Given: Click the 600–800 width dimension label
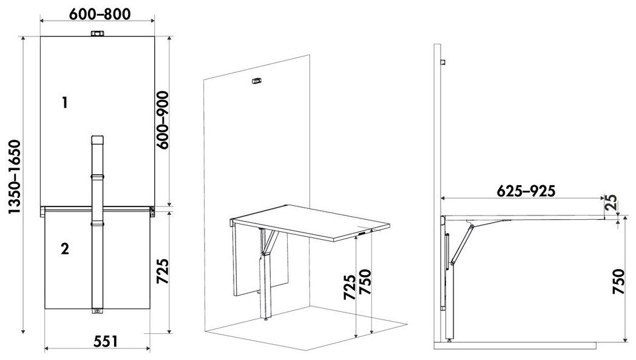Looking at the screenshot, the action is click(x=100, y=14).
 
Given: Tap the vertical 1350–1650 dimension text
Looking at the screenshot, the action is click(x=15, y=177).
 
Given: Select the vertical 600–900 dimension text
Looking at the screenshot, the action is click(x=162, y=120).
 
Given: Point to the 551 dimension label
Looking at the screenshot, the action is click(x=106, y=341).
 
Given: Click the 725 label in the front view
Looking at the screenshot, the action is click(x=162, y=271).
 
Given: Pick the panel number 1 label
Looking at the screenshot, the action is click(x=64, y=103).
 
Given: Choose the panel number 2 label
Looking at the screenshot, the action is click(x=65, y=248).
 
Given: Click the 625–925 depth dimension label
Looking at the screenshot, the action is click(x=526, y=191).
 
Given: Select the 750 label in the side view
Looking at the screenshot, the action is click(x=618, y=281).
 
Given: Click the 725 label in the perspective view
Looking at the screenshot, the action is click(x=350, y=287).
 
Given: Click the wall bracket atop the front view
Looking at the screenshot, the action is click(x=97, y=33).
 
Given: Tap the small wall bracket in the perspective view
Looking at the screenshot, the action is click(x=256, y=81).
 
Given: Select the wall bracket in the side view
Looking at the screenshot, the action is click(x=444, y=62).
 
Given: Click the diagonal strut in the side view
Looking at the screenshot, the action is click(x=463, y=245).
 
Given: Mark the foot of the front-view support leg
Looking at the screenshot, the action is click(x=97, y=311).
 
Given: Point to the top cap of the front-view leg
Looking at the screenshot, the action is click(x=97, y=139).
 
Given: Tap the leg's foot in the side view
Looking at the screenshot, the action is click(x=450, y=339).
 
